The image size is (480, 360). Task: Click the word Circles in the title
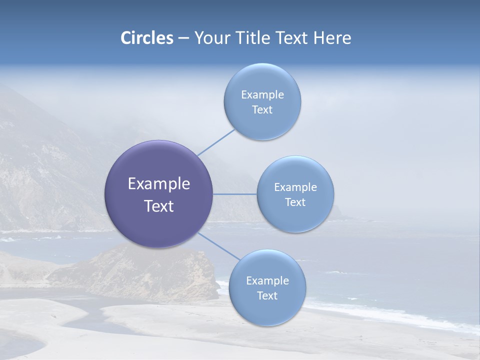pyautogui.click(x=147, y=38)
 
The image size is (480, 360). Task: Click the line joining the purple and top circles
pyautogui.click(x=216, y=142)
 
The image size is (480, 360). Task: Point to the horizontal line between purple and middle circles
pyautogui.click(x=235, y=194)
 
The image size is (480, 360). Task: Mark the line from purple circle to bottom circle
pyautogui.click(x=219, y=246)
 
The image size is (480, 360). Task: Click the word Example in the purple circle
pyautogui.click(x=159, y=184)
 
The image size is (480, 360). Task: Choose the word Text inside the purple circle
pyautogui.click(x=159, y=206)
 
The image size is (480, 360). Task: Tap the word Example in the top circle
pyautogui.click(x=262, y=95)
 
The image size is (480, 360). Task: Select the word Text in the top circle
pyautogui.click(x=262, y=110)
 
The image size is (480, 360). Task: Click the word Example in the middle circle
pyautogui.click(x=295, y=187)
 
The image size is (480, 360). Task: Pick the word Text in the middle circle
pyautogui.click(x=295, y=202)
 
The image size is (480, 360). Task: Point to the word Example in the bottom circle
pyautogui.click(x=267, y=281)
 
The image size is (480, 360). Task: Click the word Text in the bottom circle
pyautogui.click(x=267, y=296)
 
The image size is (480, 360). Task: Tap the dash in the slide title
pyautogui.click(x=183, y=38)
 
